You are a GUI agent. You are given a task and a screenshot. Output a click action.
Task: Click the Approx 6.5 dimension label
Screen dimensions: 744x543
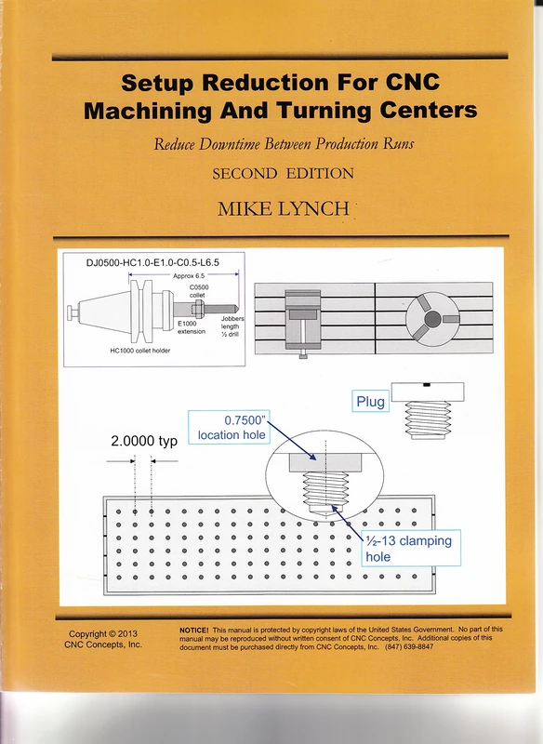tap(189, 276)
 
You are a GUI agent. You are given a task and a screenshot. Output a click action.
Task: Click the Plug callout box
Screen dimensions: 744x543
tap(369, 402)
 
